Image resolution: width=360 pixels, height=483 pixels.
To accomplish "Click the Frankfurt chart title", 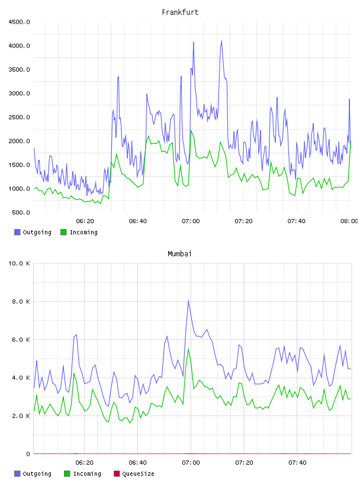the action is click(x=180, y=12).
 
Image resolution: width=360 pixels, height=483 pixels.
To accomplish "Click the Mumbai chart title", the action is click(x=179, y=254).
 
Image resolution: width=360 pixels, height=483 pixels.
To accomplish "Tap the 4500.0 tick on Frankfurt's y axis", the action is click(x=19, y=22).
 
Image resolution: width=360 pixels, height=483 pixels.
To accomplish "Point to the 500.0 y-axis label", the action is click(x=21, y=212).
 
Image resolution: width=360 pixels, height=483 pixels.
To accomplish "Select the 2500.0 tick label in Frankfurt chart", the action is click(x=19, y=117).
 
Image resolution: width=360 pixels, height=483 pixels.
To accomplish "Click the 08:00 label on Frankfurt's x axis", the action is click(x=349, y=221).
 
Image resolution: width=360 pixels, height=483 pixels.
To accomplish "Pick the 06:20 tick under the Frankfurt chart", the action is click(x=85, y=221).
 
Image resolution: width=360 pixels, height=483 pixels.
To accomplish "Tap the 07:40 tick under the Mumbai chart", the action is click(x=297, y=463).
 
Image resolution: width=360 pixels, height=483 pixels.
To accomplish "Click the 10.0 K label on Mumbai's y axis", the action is click(x=19, y=263).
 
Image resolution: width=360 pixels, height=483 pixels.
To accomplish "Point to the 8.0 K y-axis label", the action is click(x=21, y=302).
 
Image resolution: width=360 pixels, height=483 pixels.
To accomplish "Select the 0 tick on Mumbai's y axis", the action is click(x=28, y=454).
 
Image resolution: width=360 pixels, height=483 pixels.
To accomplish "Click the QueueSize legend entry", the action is click(x=134, y=474).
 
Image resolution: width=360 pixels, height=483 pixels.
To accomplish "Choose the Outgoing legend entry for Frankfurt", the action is click(x=33, y=232).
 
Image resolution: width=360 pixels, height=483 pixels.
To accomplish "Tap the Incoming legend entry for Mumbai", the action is click(x=83, y=474).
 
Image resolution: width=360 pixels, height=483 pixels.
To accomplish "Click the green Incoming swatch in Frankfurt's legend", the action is click(x=63, y=232).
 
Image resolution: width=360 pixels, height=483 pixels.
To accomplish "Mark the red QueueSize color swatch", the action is click(x=117, y=474).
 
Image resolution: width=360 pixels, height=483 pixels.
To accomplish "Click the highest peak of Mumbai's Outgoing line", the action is click(x=188, y=300).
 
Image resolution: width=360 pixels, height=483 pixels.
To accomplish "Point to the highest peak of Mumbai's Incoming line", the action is click(x=188, y=349).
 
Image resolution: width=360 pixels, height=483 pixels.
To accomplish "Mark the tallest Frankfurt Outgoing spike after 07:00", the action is click(x=221, y=40).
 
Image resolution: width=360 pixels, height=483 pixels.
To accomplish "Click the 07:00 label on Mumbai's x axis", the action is click(x=191, y=463).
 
